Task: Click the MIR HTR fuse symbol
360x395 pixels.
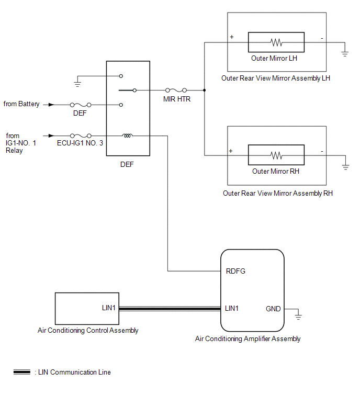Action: click(x=176, y=90)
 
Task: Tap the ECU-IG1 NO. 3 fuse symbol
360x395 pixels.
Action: click(x=81, y=136)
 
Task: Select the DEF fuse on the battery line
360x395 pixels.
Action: click(x=81, y=105)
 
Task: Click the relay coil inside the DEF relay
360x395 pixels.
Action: click(x=128, y=136)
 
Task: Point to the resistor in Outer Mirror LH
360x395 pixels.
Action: click(x=276, y=42)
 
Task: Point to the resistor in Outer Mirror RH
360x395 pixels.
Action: click(x=276, y=155)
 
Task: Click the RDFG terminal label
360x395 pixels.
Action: click(x=235, y=271)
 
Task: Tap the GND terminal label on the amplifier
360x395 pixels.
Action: click(x=273, y=309)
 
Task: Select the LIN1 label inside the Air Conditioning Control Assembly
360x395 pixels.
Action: click(x=109, y=308)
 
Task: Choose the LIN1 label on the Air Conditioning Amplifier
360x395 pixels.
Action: click(x=231, y=308)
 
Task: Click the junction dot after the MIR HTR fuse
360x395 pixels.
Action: click(x=204, y=90)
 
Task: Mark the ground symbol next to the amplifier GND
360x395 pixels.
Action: click(x=298, y=317)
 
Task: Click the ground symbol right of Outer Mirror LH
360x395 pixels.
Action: click(x=345, y=54)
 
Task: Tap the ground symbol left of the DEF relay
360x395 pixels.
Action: click(x=77, y=84)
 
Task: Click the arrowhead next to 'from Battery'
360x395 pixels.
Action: click(x=51, y=105)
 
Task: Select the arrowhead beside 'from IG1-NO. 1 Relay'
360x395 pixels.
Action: click(x=51, y=136)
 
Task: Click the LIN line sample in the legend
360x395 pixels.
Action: click(x=22, y=372)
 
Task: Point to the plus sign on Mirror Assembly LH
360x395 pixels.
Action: click(x=232, y=37)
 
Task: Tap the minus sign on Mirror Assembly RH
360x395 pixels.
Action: click(x=322, y=151)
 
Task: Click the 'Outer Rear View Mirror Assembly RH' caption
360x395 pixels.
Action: click(x=278, y=193)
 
